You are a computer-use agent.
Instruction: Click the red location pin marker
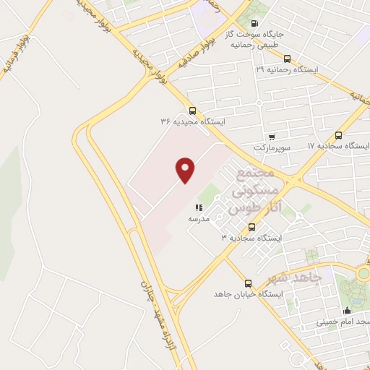click(186, 171)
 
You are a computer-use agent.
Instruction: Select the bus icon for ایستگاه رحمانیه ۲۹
click(288, 59)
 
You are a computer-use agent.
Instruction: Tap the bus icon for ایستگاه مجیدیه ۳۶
click(192, 111)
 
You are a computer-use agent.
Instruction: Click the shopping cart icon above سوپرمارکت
click(271, 137)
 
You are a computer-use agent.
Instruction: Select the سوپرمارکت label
click(270, 147)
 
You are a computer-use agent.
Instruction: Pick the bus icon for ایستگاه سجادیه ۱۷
click(339, 134)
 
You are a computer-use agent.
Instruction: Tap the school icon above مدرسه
click(199, 207)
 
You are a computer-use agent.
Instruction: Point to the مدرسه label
click(199, 218)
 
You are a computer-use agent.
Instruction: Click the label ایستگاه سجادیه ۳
click(251, 237)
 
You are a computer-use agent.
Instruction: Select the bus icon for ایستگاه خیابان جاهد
click(249, 283)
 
